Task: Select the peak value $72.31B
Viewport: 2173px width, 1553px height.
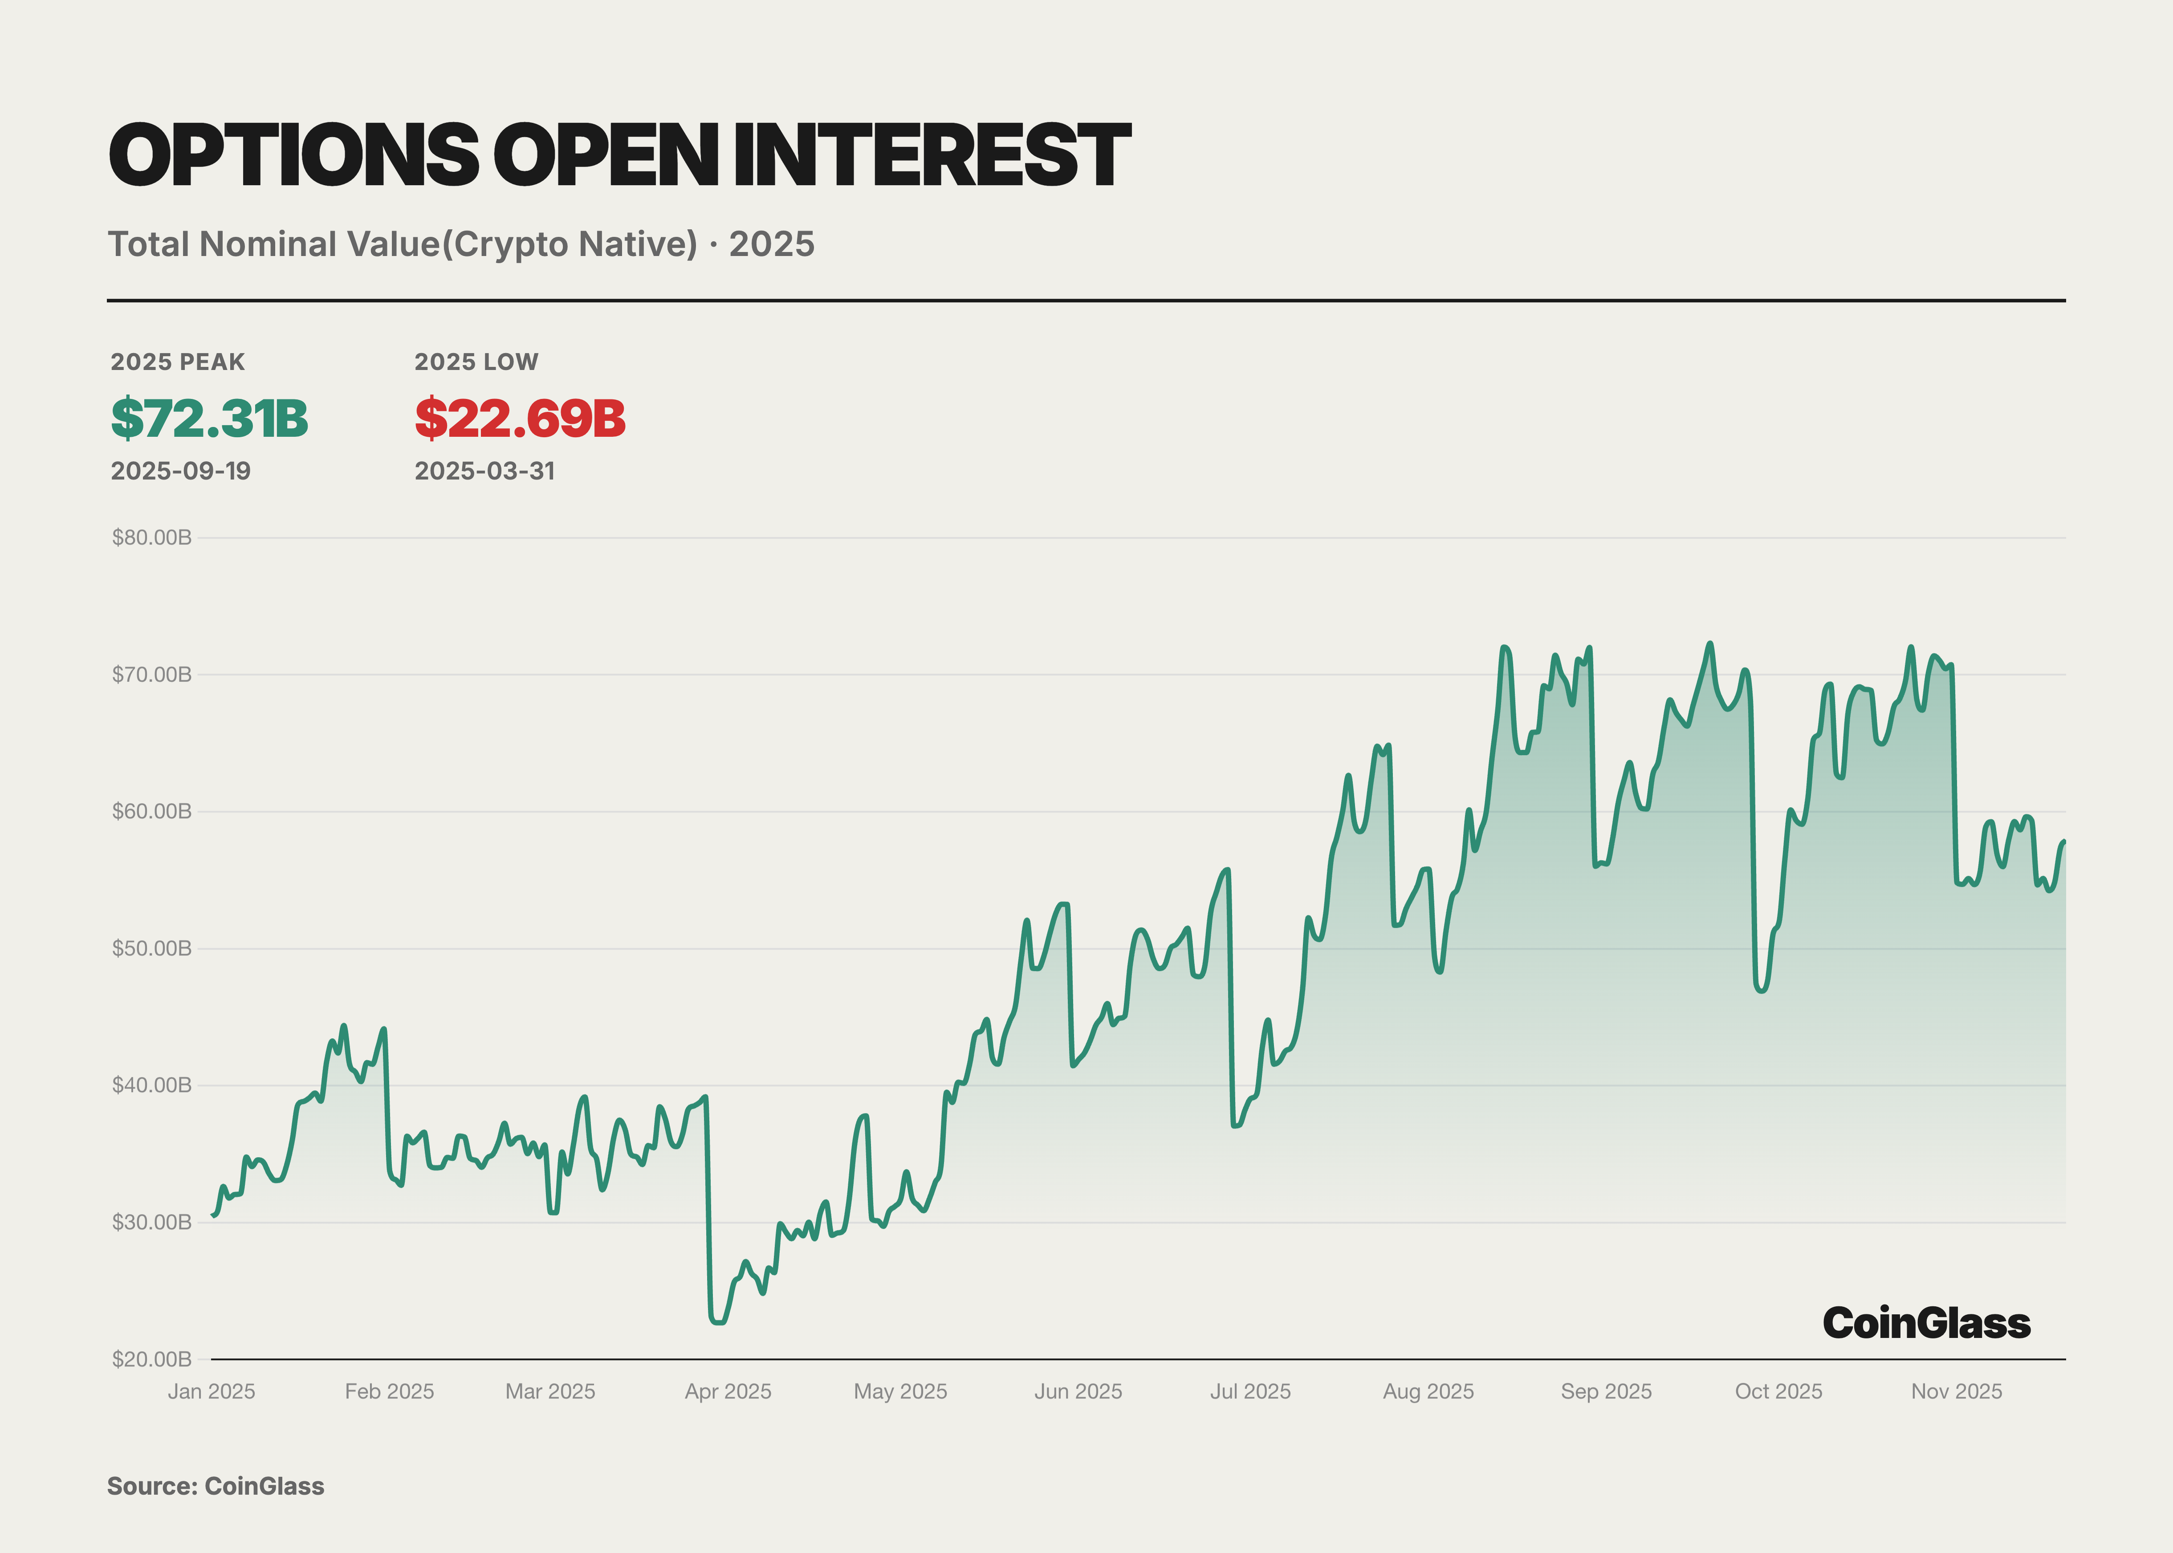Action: click(x=209, y=419)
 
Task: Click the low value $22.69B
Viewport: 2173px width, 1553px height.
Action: click(x=519, y=419)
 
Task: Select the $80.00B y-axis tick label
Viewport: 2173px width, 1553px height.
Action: click(x=152, y=537)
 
